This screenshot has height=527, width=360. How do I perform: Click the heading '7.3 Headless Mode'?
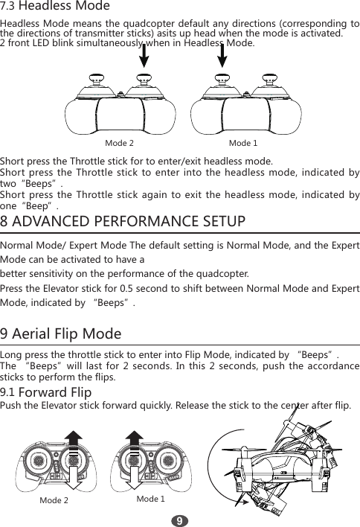pos(55,7)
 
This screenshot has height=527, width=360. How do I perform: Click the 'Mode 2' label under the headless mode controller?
pos(120,141)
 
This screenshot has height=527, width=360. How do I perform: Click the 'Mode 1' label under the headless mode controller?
pos(243,141)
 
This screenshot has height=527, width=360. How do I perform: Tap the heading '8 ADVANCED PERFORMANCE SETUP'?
pos(123,223)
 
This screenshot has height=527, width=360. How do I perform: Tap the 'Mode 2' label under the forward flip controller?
pos(54,500)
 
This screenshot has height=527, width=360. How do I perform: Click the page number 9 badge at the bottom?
pos(179,517)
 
